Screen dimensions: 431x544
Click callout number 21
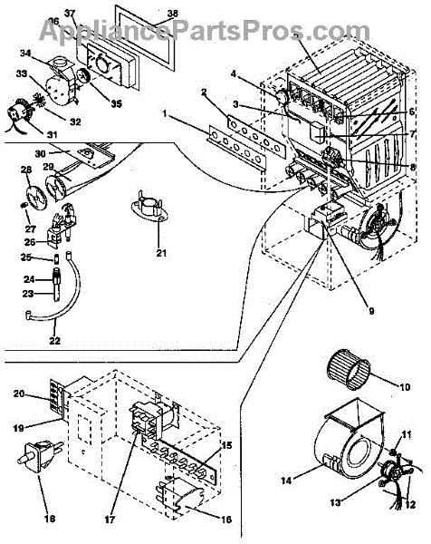coord(161,253)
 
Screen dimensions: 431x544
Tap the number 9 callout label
coord(371,311)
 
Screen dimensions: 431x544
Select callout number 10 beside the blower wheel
coord(405,386)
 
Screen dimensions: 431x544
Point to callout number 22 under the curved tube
coord(54,341)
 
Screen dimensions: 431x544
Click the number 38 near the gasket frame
coord(172,14)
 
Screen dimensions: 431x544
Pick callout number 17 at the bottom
coord(110,520)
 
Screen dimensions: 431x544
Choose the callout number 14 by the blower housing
coord(286,481)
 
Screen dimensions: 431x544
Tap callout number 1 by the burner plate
coord(166,114)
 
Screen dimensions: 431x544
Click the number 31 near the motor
coord(52,134)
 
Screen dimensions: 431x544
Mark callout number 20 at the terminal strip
coord(19,393)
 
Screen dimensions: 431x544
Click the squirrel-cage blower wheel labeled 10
coord(349,377)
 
